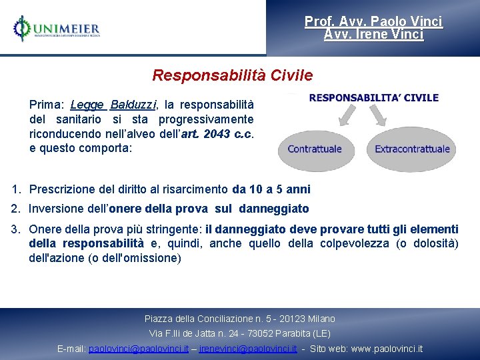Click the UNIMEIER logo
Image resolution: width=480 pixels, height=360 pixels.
(57, 29)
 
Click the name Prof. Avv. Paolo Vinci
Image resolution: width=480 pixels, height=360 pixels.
(373, 21)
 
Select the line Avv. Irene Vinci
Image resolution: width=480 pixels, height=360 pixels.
(373, 34)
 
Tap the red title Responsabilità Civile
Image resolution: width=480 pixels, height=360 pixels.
(232, 75)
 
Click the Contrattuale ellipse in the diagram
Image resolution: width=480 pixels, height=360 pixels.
(315, 148)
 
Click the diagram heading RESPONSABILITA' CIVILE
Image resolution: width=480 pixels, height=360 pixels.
(373, 97)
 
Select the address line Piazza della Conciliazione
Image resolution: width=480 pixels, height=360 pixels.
(239, 319)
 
